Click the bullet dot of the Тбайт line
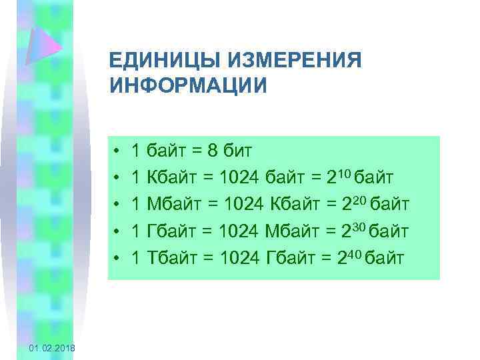[117, 258]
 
